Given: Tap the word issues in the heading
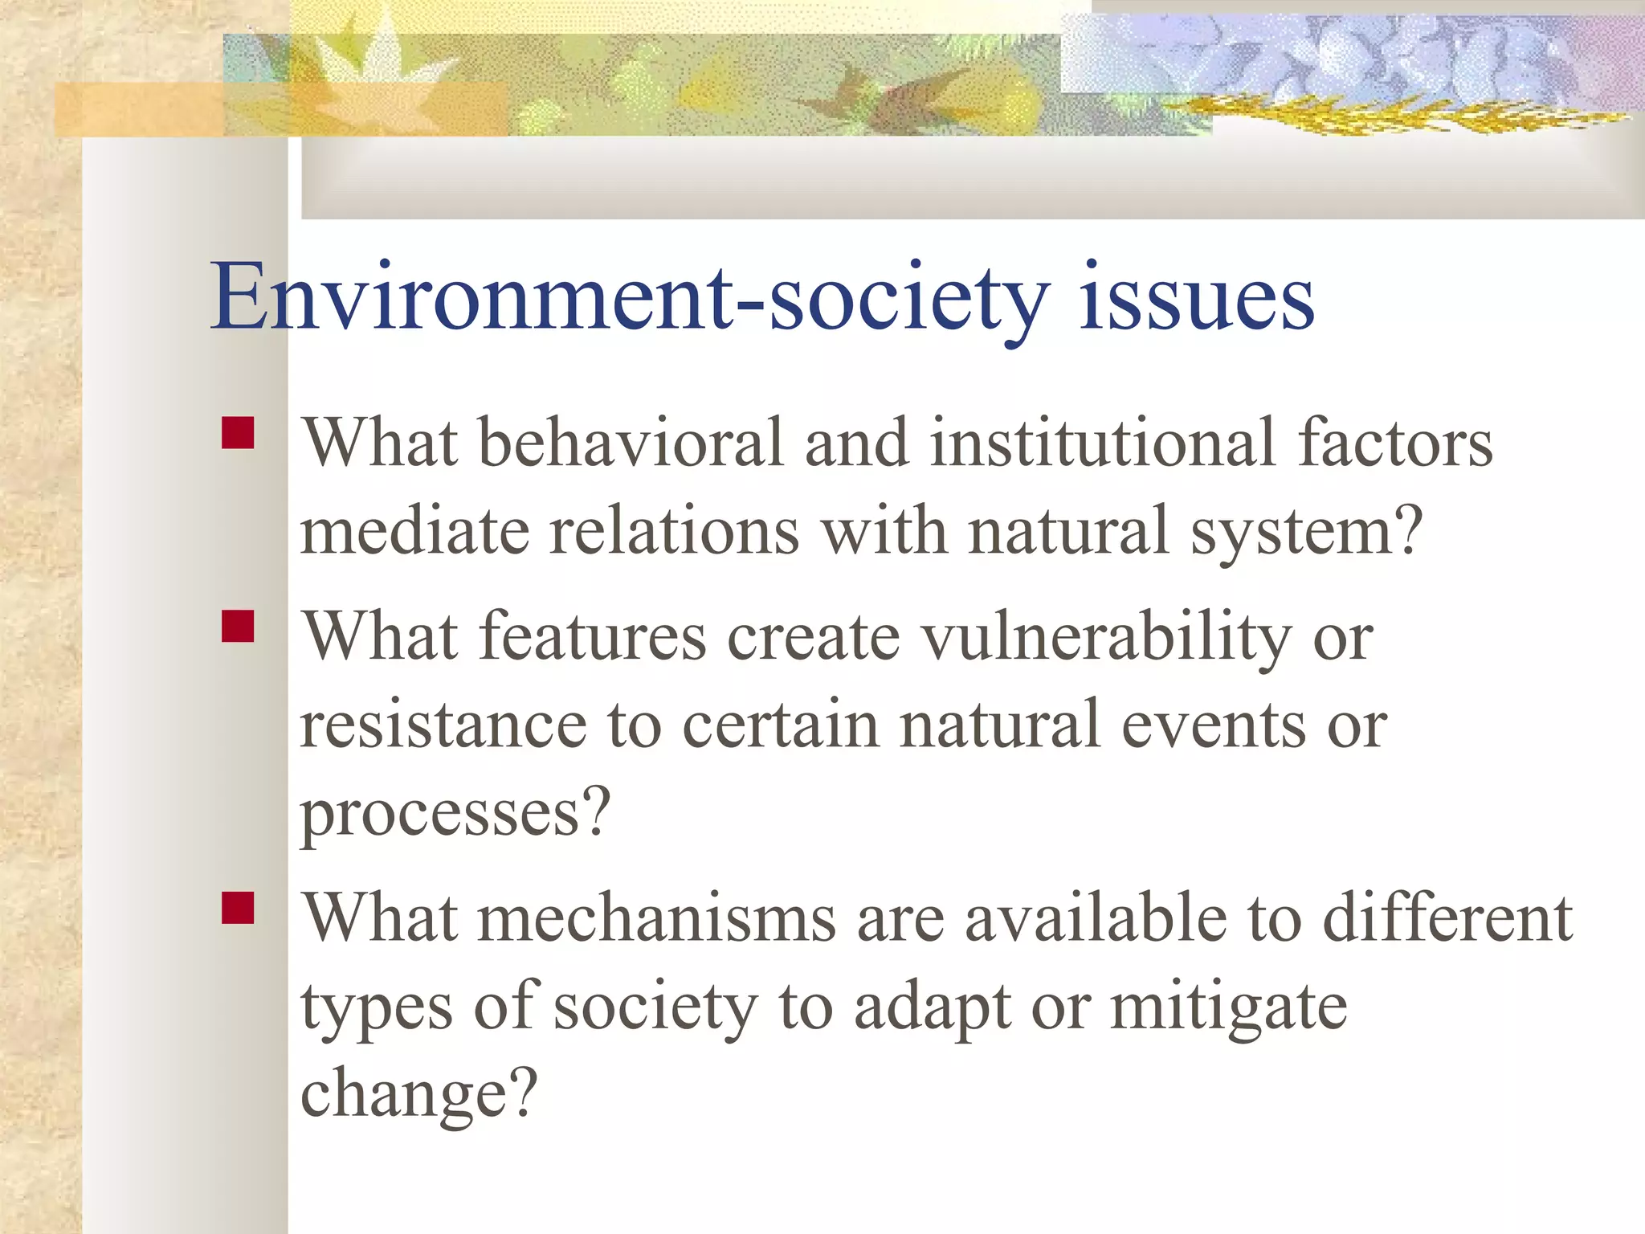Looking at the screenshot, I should point(1196,297).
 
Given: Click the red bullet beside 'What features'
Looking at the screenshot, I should point(238,627).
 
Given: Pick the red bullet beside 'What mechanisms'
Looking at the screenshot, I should point(238,908).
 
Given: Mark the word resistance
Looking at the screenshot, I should point(443,725).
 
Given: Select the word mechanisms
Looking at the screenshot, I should point(658,918).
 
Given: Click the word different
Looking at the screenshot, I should point(1447,918).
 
